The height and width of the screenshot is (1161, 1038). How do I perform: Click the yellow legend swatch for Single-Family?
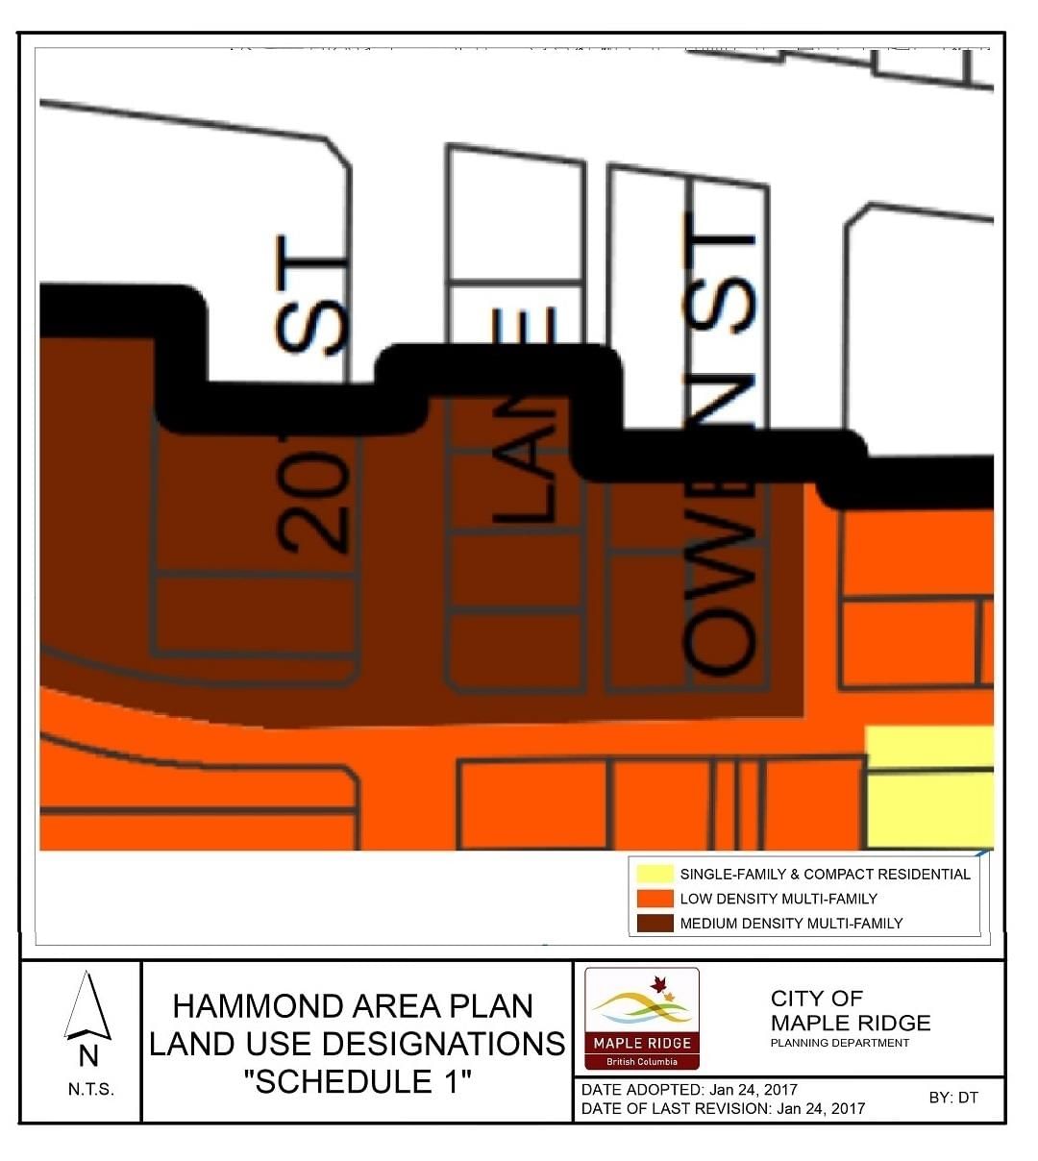[x=654, y=874]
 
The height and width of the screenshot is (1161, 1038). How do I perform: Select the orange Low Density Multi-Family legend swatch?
[x=654, y=899]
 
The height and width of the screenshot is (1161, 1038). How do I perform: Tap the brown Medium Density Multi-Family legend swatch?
[x=654, y=923]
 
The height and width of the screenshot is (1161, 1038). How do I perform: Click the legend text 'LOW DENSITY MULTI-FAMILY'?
[x=778, y=899]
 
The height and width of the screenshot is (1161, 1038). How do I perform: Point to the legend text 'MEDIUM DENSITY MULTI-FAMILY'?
[x=791, y=923]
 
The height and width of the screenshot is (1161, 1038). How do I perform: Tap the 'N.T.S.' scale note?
[x=90, y=1089]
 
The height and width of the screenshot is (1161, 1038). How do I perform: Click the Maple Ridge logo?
[x=642, y=1019]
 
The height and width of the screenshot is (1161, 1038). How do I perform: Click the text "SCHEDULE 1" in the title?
[x=358, y=1081]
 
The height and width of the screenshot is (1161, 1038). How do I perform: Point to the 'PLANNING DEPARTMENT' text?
[x=839, y=1043]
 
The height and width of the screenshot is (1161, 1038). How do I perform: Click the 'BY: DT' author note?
[x=953, y=1098]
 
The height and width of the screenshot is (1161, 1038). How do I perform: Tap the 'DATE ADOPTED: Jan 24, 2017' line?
[x=689, y=1090]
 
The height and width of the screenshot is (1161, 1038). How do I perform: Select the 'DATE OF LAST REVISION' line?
[x=723, y=1108]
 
